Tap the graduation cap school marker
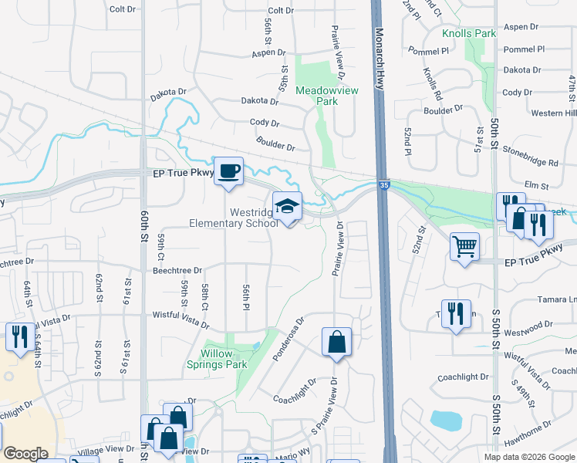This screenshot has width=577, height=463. click(287, 208)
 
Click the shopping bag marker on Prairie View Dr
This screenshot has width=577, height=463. click(336, 343)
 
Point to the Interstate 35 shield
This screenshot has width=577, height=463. click(383, 184)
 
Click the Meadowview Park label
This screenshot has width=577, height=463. click(317, 95)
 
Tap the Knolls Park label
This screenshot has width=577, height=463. click(468, 34)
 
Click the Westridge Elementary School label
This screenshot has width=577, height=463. click(234, 217)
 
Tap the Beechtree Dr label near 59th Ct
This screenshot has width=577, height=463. click(177, 271)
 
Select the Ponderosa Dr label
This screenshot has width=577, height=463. click(288, 338)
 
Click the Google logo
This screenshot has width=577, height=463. click(25, 453)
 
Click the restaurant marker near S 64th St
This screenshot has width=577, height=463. click(17, 336)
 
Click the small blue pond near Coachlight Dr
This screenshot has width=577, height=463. click(446, 421)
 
